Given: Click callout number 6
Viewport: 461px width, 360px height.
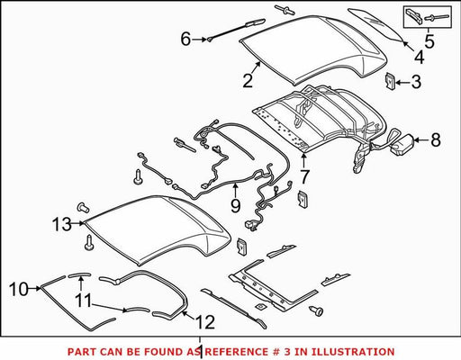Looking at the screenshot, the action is click(185, 39).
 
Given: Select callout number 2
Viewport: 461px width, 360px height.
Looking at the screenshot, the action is click(248, 80).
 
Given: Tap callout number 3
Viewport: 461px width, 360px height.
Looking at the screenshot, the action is click(416, 82).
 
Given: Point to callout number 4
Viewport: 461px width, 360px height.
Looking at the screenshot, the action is click(419, 57).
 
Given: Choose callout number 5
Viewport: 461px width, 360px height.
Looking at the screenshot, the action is click(429, 41).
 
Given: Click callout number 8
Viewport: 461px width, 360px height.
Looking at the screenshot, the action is click(436, 139).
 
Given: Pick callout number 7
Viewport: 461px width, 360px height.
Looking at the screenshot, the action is click(304, 177).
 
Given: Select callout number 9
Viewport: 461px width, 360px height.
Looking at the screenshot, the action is click(236, 206).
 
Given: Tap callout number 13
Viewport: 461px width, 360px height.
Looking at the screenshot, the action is click(62, 224).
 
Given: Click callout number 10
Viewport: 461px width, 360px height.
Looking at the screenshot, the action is click(19, 289).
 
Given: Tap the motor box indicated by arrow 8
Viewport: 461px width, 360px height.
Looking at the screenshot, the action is click(401, 145).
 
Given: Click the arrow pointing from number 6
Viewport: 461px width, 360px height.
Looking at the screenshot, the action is click(199, 40).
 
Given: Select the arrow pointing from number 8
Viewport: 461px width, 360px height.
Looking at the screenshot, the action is click(421, 139).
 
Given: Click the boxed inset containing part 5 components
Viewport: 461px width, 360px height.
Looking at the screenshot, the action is click(427, 17).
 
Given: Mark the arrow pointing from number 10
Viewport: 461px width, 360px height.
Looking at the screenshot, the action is click(35, 289).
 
